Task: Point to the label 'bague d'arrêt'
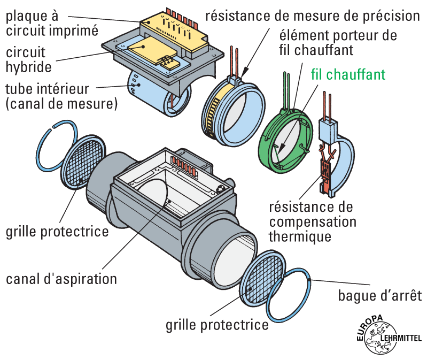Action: (380, 296)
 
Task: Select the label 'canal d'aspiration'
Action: (61, 279)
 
